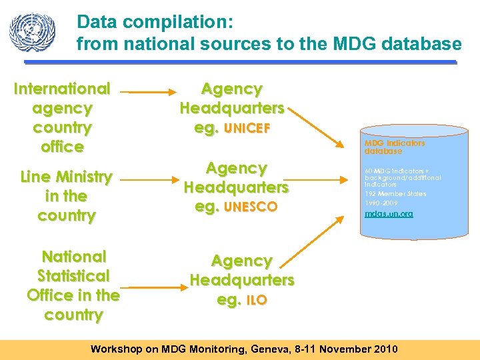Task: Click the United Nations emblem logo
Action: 33,31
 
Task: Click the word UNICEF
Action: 247,129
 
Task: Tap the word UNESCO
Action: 251,207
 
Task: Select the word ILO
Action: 257,301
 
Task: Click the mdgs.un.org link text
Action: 389,214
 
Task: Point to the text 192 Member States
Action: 395,194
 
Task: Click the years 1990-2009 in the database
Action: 381,202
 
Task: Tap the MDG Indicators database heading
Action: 394,147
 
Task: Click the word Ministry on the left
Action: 85,177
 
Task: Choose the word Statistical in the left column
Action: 73,276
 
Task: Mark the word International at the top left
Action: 62,89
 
